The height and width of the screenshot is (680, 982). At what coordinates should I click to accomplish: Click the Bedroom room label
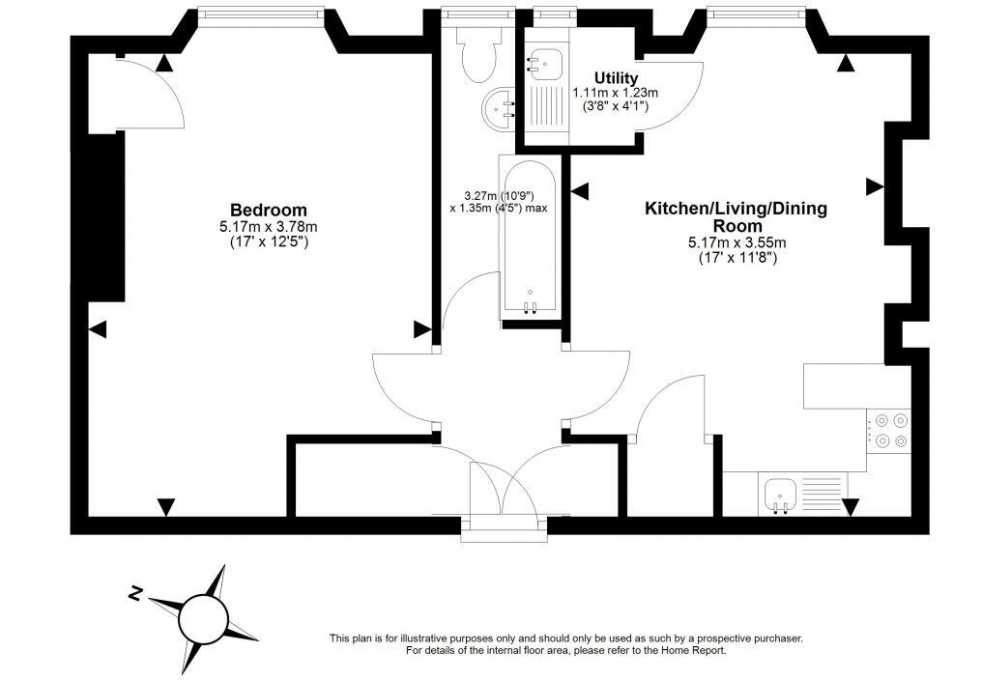268,210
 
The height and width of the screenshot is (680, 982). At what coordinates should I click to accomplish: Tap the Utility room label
616,77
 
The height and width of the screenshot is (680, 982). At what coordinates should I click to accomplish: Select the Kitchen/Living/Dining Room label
736,216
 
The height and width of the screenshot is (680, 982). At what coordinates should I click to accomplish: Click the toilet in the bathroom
477,57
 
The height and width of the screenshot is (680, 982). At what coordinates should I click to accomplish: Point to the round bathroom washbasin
503,108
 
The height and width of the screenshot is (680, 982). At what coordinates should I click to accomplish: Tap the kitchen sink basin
780,494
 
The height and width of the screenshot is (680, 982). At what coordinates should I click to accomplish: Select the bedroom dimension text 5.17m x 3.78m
268,227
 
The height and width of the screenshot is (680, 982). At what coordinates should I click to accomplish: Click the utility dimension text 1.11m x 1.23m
616,93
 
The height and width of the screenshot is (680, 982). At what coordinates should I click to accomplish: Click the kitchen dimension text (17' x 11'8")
736,258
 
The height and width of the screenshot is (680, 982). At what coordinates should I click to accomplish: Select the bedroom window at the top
258,13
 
